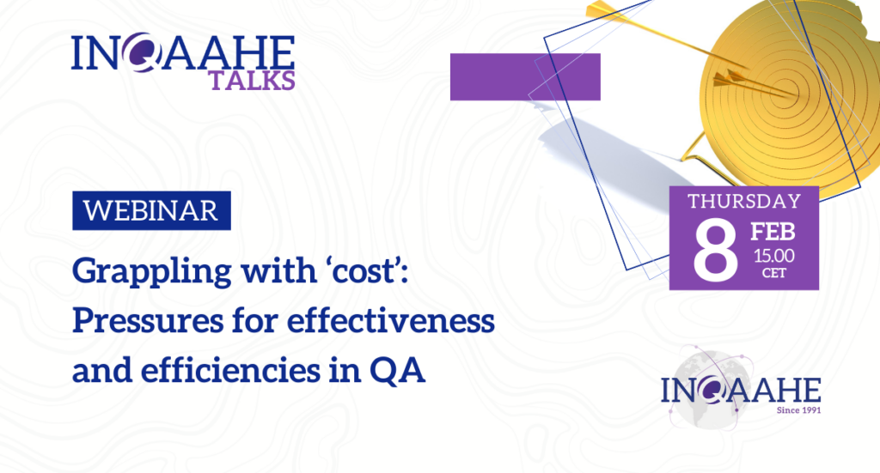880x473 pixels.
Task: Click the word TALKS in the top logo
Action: [252, 81]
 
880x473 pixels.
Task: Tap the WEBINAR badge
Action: [151, 210]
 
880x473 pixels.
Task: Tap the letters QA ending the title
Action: [397, 371]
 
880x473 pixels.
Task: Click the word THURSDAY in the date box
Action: [744, 202]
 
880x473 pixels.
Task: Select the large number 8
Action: [715, 249]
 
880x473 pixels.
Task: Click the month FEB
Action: [773, 232]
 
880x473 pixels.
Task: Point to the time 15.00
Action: [774, 256]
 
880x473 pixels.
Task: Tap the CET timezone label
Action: [774, 274]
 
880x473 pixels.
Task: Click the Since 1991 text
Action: [798, 410]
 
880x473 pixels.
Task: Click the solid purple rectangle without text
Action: [525, 76]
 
